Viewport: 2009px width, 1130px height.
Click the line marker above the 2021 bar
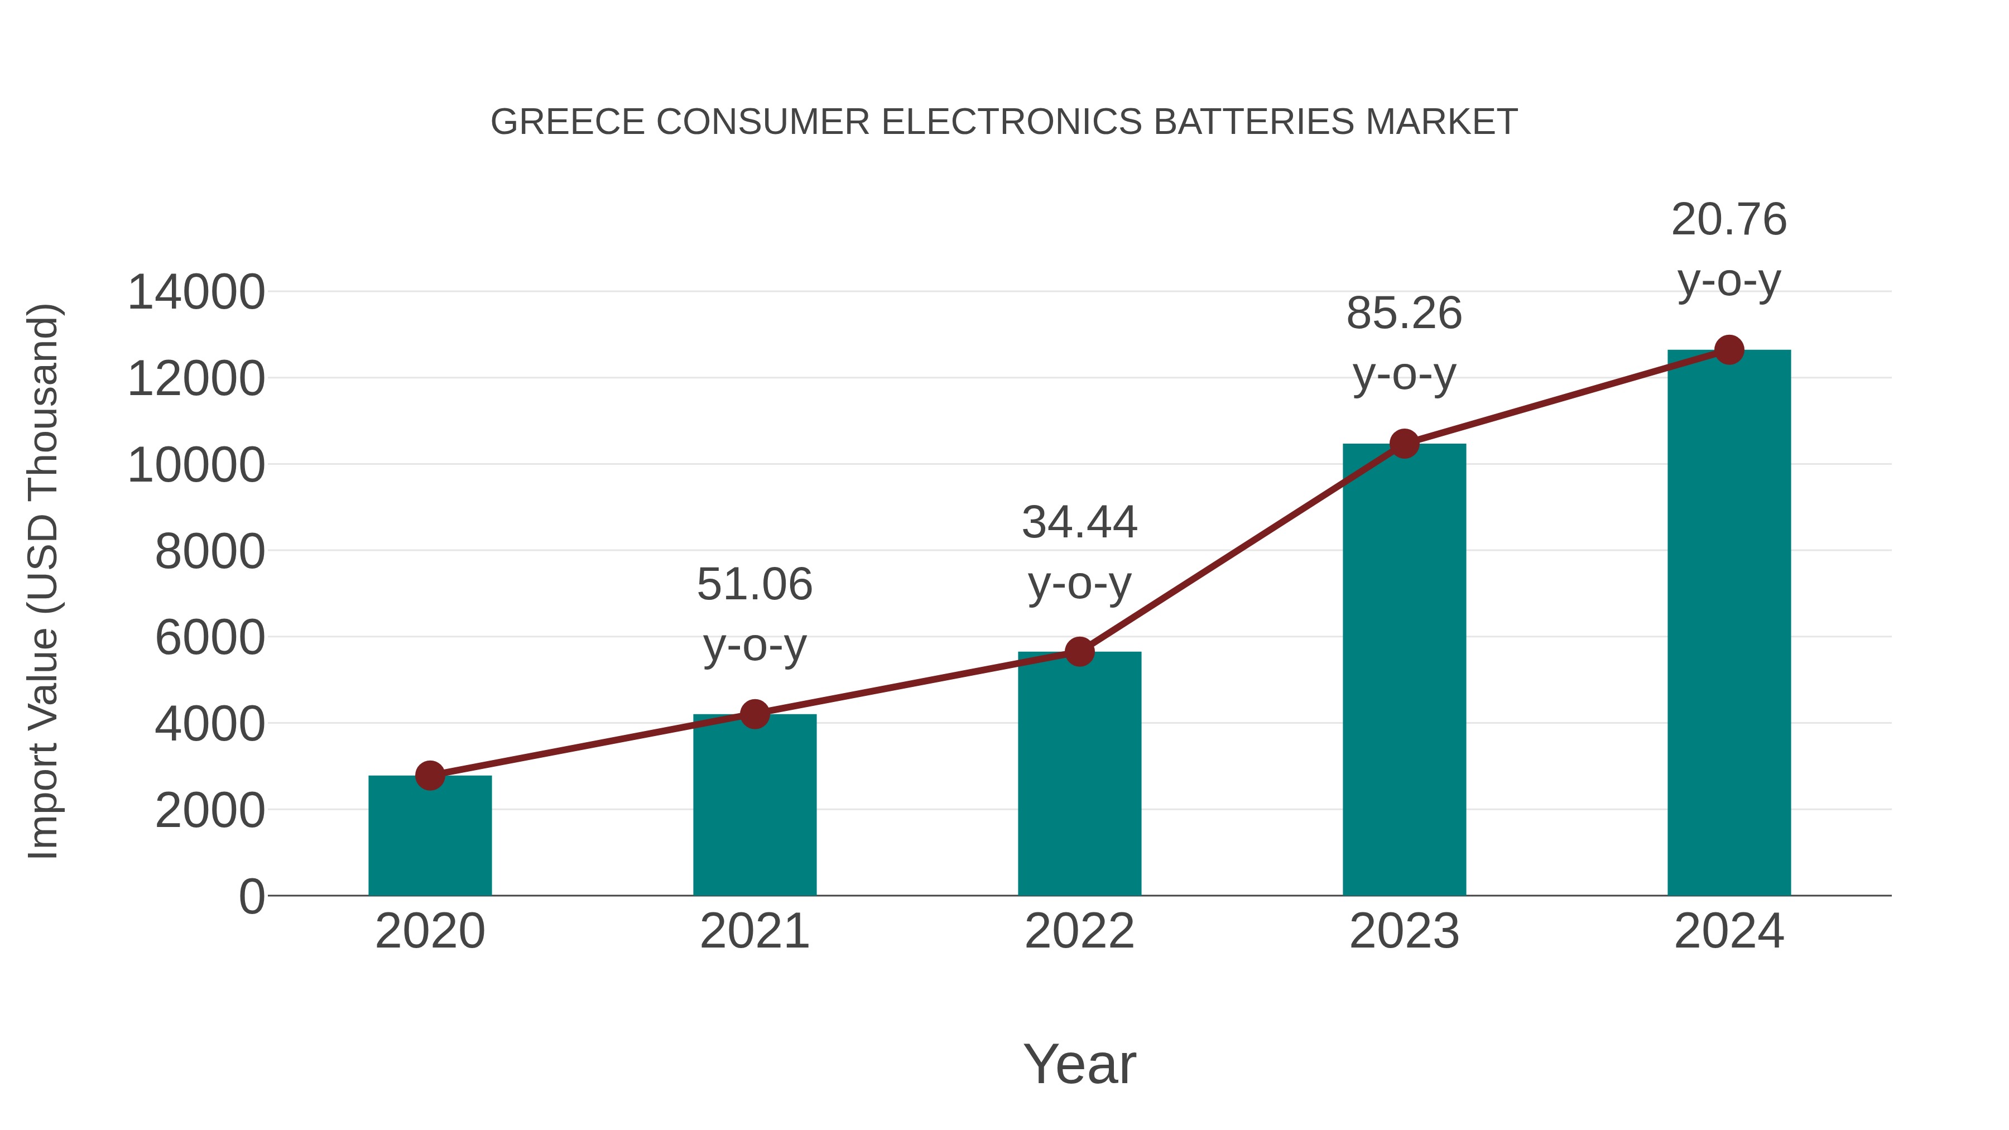(754, 714)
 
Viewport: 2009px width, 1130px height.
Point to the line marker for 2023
(1404, 444)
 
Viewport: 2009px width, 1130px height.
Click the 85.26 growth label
(1404, 314)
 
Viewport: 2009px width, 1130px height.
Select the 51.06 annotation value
(754, 584)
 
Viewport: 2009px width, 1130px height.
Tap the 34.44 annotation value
(1079, 522)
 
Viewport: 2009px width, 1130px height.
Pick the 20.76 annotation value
(1729, 219)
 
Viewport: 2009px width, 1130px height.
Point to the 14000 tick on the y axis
(196, 293)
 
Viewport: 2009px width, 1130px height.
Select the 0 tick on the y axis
(252, 896)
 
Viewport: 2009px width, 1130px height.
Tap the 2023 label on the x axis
(1404, 931)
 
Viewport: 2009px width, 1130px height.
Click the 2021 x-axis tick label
(754, 931)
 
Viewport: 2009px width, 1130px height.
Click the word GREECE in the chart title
(567, 122)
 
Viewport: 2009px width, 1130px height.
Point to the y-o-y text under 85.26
(1404, 376)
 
